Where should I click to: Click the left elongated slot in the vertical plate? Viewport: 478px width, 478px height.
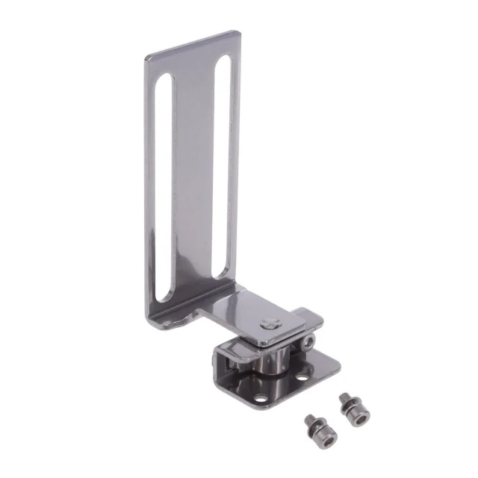coord(164,187)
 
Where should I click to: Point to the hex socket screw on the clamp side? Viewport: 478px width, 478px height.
coord(309,341)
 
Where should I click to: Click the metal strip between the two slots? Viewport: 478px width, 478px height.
coord(193,179)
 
